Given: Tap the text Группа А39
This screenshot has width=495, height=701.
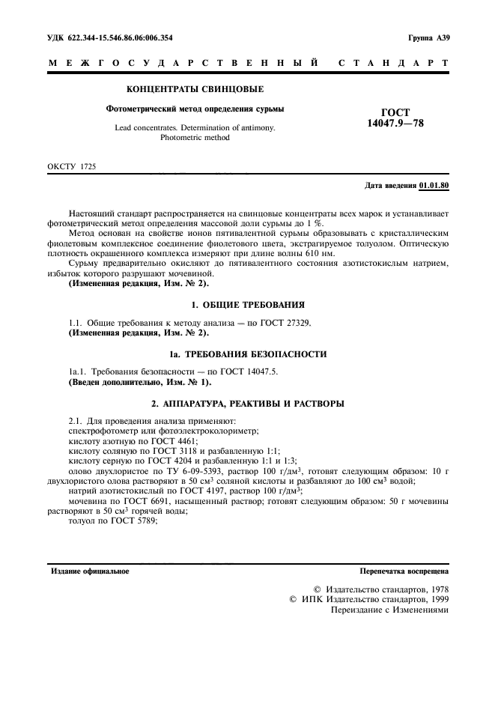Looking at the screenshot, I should coord(428,38).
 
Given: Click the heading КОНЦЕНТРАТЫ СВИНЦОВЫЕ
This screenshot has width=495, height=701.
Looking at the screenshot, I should coord(195,91).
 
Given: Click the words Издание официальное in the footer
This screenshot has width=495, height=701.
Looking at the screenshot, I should coord(89,571).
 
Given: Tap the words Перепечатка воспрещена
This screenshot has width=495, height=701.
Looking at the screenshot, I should coord(404,571).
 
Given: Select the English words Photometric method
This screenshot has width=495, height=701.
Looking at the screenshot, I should coord(195,138).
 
